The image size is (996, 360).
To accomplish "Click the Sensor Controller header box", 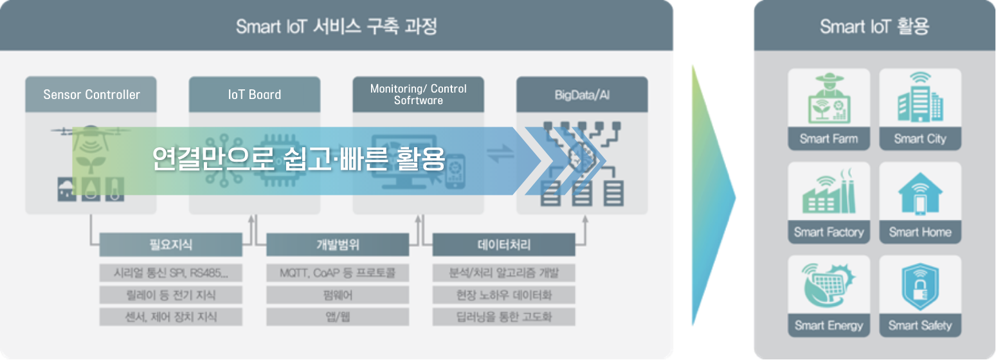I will pos(91,94).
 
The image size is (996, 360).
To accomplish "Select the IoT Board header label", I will pos(255,94).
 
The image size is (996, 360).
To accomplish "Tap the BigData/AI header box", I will pos(582,94).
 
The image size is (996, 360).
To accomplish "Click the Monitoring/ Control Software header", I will pos(418,94).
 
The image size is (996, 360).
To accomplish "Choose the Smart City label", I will pos(920,139).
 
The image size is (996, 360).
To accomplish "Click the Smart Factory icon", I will pos(829,193).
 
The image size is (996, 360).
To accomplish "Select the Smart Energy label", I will pos(829,325).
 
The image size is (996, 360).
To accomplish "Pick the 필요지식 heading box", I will pos(170,245).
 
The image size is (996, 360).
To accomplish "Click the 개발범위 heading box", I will pos(338,245).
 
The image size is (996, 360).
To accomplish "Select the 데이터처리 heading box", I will pos(503,245).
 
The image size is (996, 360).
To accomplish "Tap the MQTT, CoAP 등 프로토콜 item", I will pos(338,273).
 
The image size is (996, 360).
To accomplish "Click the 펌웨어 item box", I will pos(338,295).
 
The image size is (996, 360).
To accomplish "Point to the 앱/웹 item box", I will pos(338,317).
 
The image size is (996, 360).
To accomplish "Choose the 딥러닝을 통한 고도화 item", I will pos(503,317).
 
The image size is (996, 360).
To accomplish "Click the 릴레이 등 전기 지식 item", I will pos(170,295).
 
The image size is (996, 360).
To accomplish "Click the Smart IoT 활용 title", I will pos(874,27).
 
